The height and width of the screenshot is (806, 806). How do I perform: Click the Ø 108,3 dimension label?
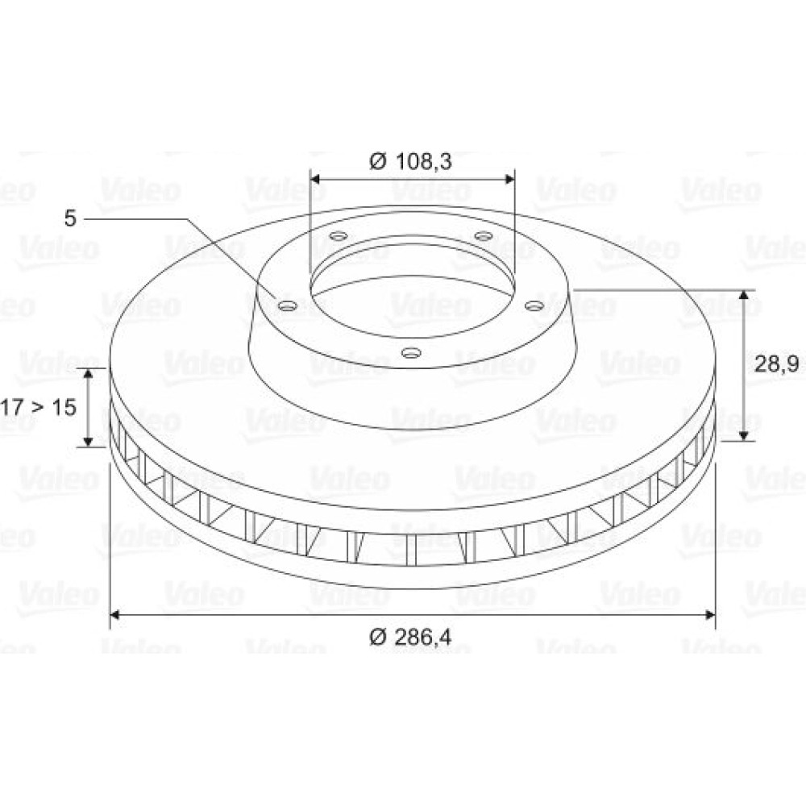[x=410, y=161]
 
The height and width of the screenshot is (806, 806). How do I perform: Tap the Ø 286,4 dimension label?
[x=410, y=638]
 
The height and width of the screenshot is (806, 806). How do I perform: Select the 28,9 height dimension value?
[x=776, y=364]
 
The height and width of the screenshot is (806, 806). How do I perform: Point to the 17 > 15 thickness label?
[x=39, y=407]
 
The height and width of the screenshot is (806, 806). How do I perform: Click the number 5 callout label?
[x=70, y=218]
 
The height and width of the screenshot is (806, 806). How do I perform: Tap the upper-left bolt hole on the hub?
[x=339, y=236]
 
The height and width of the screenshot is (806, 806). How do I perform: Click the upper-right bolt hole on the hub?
[x=483, y=236]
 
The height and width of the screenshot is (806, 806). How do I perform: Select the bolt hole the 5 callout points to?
[x=288, y=306]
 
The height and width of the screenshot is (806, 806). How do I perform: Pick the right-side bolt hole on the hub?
[x=534, y=306]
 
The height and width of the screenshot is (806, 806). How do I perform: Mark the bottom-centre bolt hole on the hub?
[x=411, y=353]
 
